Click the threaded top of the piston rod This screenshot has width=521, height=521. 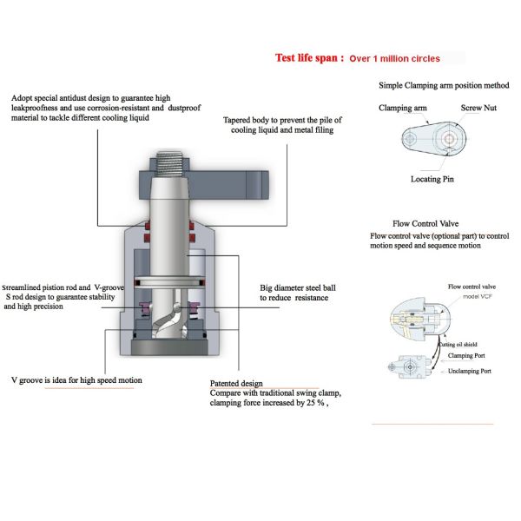174,163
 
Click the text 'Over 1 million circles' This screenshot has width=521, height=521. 394,59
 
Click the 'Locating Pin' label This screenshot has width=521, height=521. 432,179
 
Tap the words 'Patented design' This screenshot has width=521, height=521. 236,383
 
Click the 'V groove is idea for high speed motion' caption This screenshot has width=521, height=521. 76,380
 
